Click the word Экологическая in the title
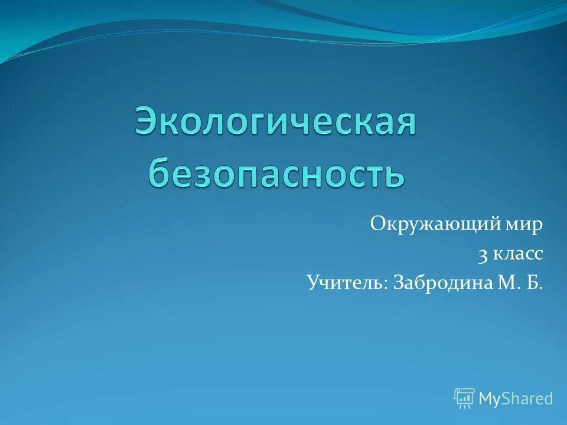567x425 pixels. click(x=276, y=122)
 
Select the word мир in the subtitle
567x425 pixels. click(x=523, y=225)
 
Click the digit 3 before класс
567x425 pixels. click(x=483, y=255)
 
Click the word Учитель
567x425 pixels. click(x=345, y=283)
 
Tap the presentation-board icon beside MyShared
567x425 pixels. click(x=464, y=398)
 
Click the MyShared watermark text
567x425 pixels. click(x=516, y=399)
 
